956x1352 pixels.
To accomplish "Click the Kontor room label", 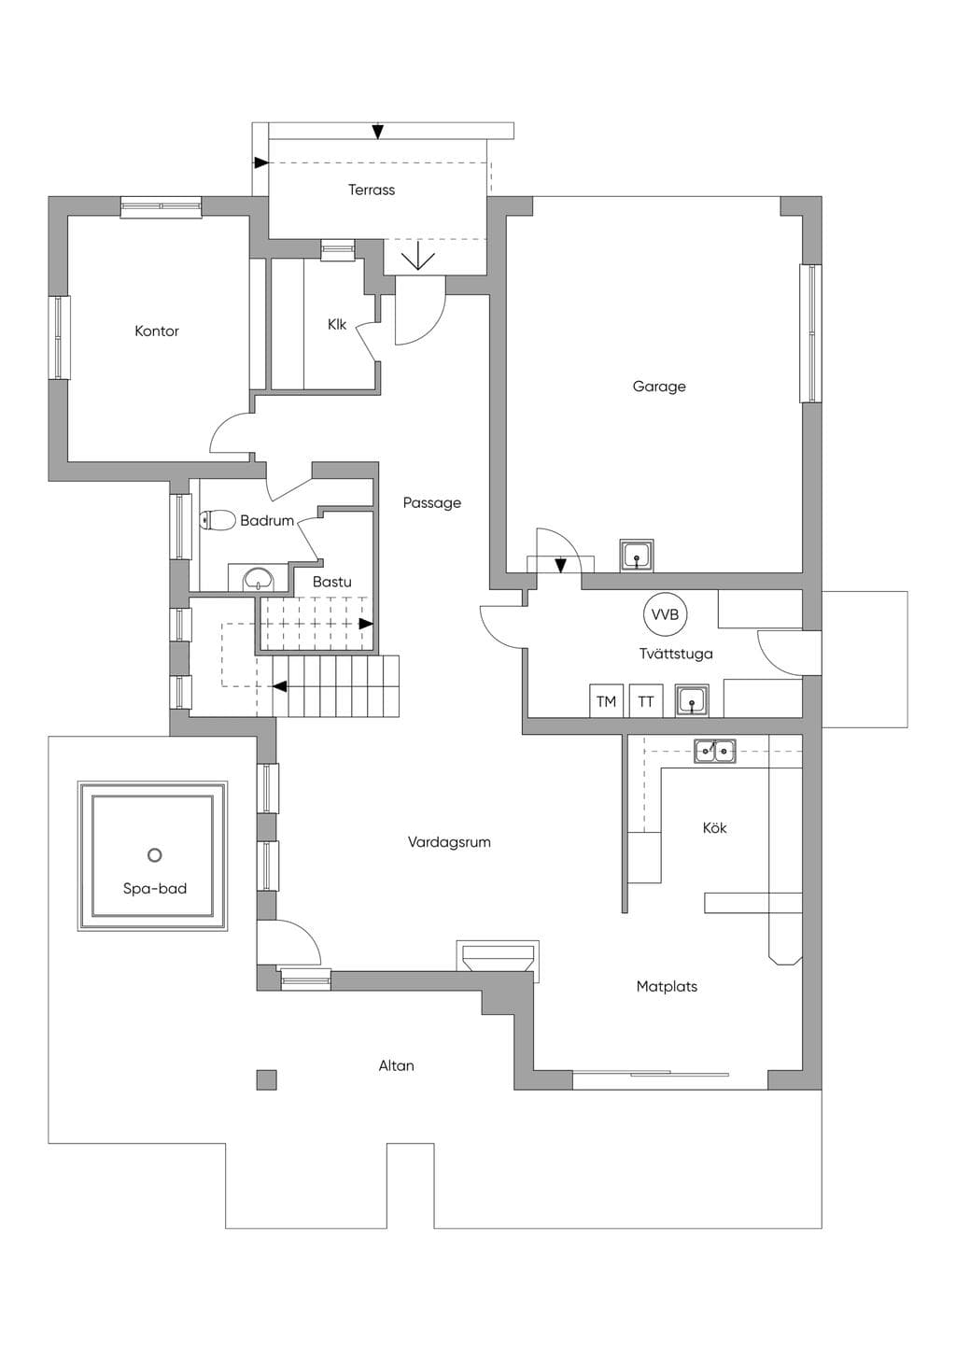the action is [x=157, y=331].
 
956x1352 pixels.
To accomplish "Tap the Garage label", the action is [x=659, y=387].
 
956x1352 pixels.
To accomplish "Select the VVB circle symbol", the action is [x=665, y=614].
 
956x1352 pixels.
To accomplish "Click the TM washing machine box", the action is [x=607, y=701].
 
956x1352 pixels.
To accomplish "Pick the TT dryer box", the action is [x=646, y=701].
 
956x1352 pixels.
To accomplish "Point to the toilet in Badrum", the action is [x=218, y=520].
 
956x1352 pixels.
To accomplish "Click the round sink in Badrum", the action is [x=259, y=579].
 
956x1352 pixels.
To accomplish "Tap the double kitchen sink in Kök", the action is [x=714, y=751].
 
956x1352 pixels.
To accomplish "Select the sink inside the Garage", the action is [x=637, y=554].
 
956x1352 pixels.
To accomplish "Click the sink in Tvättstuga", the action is [x=692, y=701].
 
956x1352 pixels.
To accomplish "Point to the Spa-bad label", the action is [x=155, y=889].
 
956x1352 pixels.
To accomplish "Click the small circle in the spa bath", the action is [x=154, y=854].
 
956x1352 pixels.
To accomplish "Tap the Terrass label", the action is [x=372, y=190].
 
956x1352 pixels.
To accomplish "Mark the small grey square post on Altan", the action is [x=267, y=1079].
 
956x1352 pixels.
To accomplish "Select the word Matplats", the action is [x=667, y=986].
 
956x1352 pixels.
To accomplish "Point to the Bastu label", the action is [x=332, y=582].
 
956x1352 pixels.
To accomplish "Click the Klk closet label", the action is [x=337, y=324].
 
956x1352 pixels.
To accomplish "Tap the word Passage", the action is [x=432, y=502].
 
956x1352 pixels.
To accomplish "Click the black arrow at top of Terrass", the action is [x=378, y=131].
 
